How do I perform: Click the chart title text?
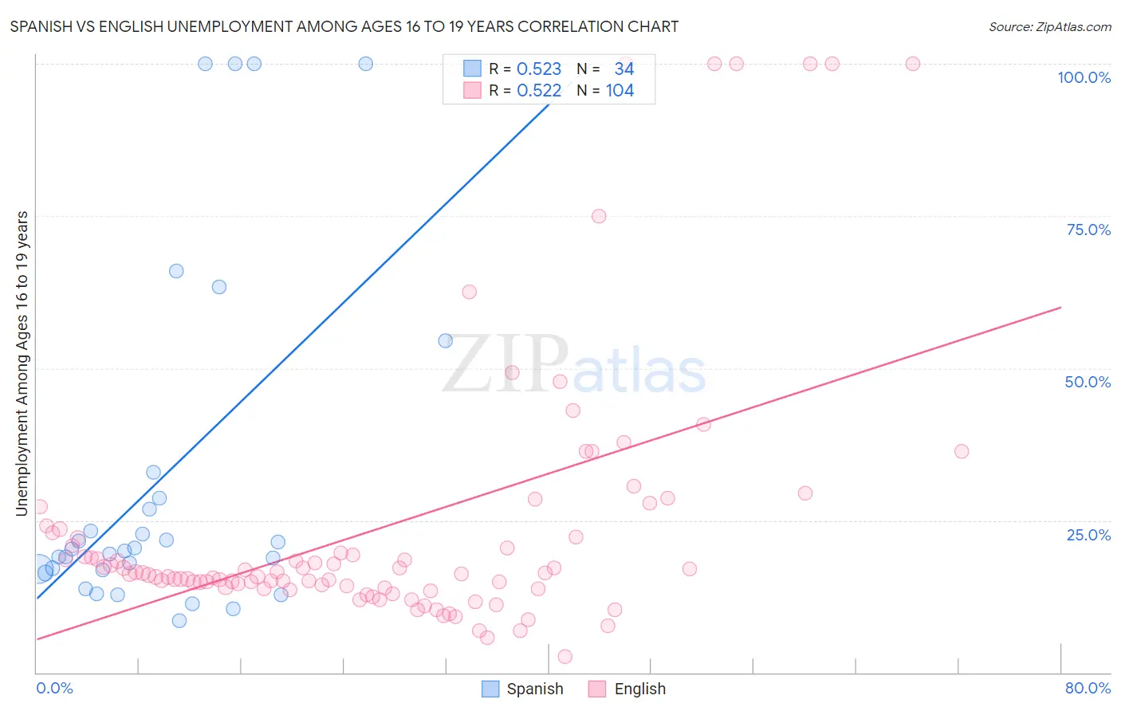tap(344, 26)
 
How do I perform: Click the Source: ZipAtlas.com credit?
tap(1049, 26)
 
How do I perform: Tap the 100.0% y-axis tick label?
tap(1084, 77)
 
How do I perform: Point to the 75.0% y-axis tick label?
tap(1088, 230)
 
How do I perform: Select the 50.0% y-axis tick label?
tap(1088, 382)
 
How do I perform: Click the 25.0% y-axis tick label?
tap(1088, 534)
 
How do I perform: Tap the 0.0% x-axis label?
tap(54, 688)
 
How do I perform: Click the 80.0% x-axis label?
tap(1088, 688)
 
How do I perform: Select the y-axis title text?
tap(22, 363)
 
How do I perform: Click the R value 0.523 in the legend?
tap(539, 69)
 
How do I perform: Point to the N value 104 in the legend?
tap(619, 91)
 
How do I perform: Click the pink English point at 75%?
tap(599, 216)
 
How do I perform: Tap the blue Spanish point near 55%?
tap(446, 340)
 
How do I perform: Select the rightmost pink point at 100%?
tap(913, 64)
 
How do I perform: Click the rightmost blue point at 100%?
tap(366, 64)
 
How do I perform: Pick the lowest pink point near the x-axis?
tap(565, 657)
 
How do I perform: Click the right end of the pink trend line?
tap(1060, 307)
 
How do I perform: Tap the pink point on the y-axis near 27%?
tap(40, 507)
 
